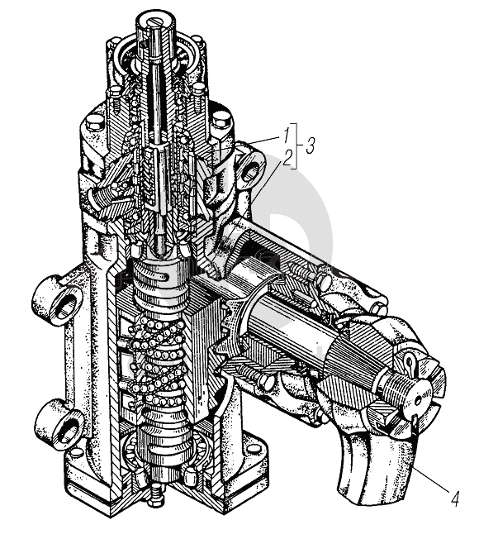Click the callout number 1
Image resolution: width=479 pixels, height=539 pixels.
pyautogui.click(x=287, y=134)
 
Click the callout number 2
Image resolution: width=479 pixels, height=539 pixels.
pyautogui.click(x=287, y=158)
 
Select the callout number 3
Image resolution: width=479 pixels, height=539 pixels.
pyautogui.click(x=310, y=145)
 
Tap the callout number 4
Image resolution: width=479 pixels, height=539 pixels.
pyautogui.click(x=454, y=498)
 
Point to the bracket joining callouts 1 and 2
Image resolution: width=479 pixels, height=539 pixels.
pyautogui.click(x=295, y=145)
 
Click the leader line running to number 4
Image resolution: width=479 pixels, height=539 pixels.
pyautogui.click(x=431, y=479)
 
